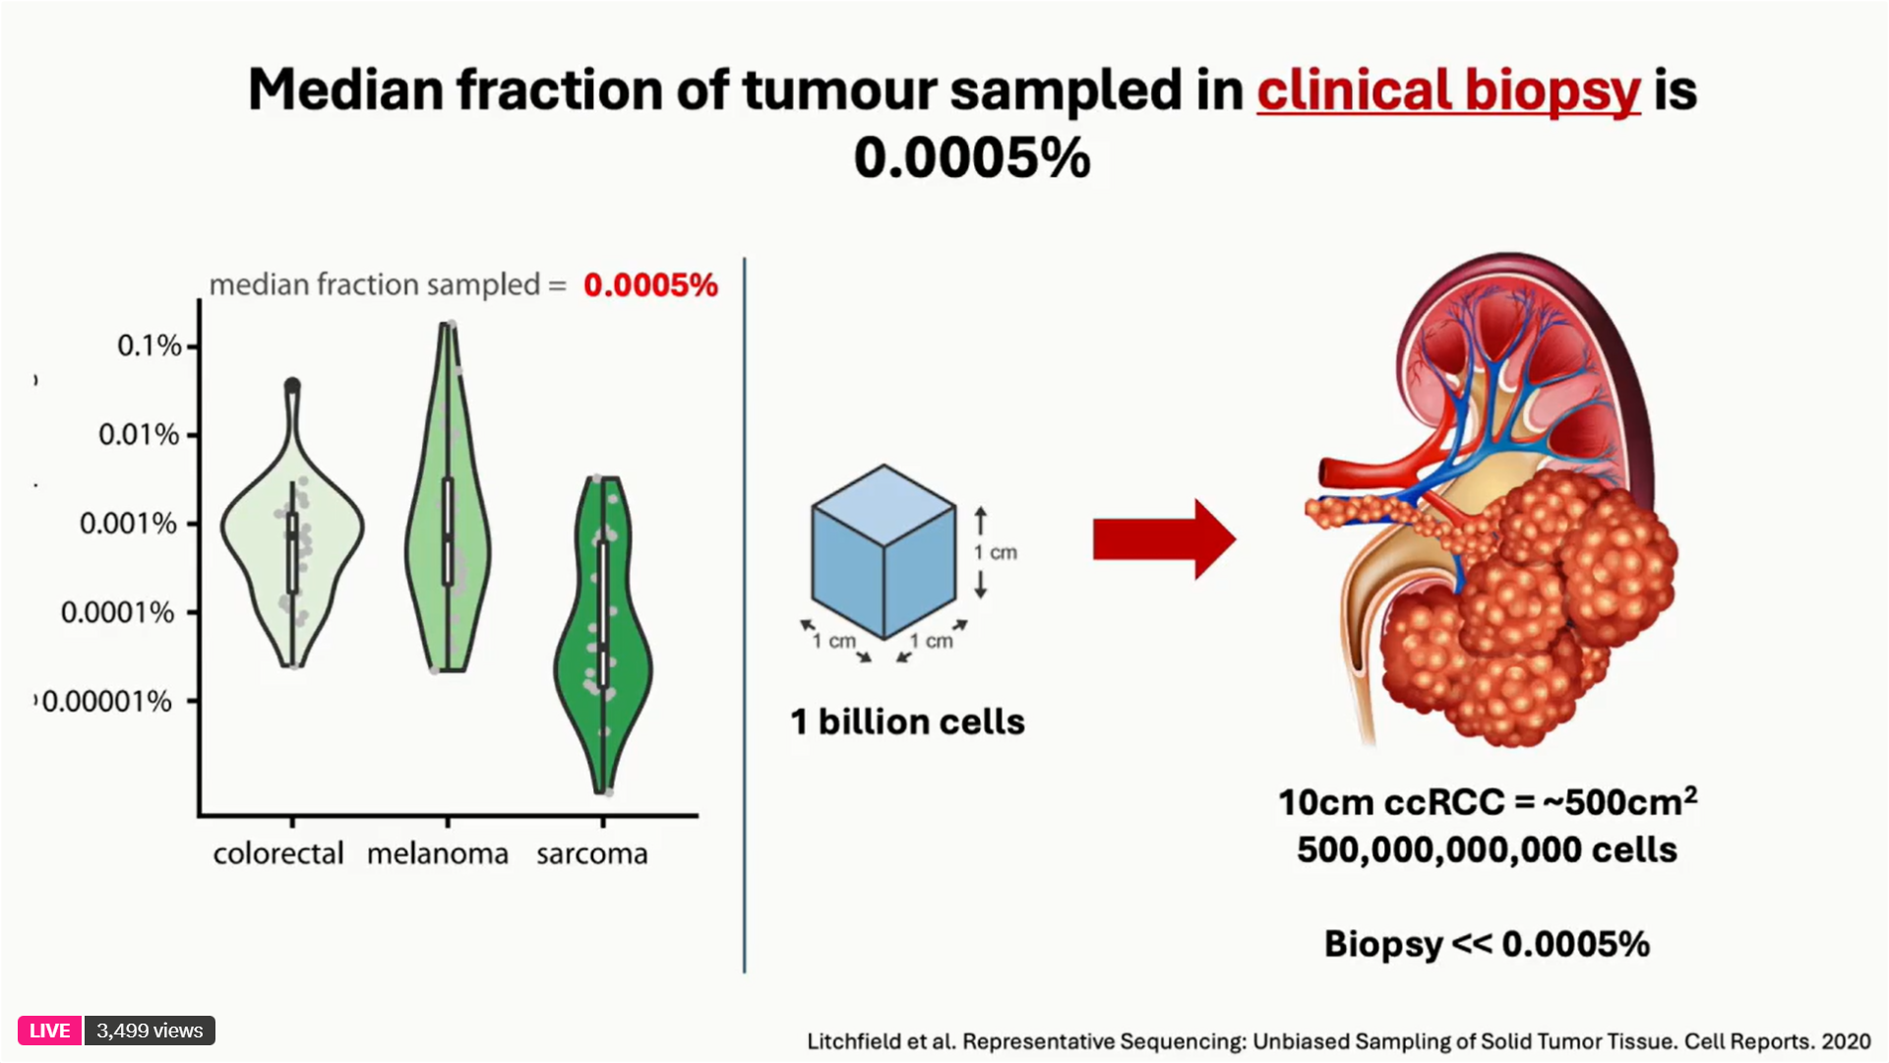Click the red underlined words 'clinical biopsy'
click(1448, 91)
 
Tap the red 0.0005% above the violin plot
click(650, 285)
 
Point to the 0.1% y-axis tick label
click(150, 345)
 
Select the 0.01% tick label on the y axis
click(139, 434)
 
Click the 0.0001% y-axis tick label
click(117, 612)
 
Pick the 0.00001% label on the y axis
click(107, 701)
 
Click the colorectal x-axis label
click(278, 853)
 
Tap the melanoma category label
click(438, 853)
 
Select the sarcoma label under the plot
click(592, 853)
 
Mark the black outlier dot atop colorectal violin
click(292, 386)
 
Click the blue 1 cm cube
click(884, 551)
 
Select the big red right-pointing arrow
click(1164, 539)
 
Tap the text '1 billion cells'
click(907, 721)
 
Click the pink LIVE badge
click(49, 1031)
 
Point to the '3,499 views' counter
click(150, 1031)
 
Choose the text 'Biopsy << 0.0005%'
click(1487, 944)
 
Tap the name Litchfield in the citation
click(850, 1041)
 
